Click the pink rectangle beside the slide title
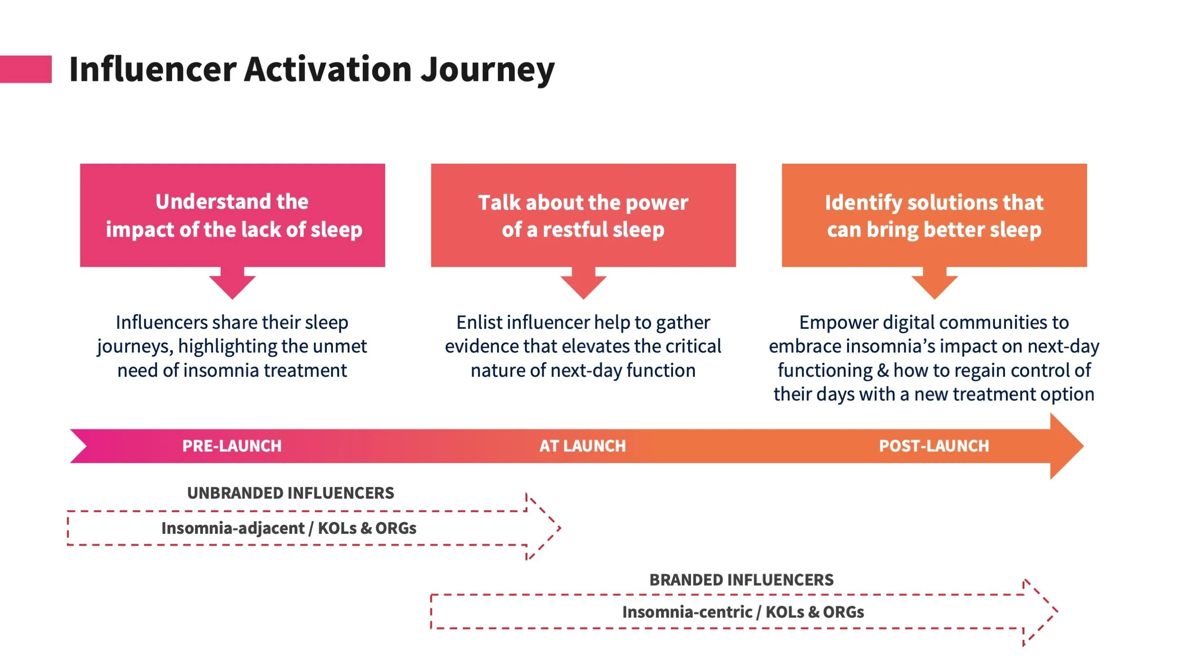(x=26, y=69)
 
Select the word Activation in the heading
(x=328, y=69)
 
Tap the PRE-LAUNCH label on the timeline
(x=232, y=446)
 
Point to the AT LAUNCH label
(x=582, y=446)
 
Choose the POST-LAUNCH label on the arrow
(x=934, y=446)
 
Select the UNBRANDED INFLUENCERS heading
(x=291, y=493)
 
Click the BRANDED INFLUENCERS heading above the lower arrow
(x=741, y=580)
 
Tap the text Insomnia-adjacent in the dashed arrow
(x=233, y=528)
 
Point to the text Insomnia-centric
(x=687, y=612)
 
